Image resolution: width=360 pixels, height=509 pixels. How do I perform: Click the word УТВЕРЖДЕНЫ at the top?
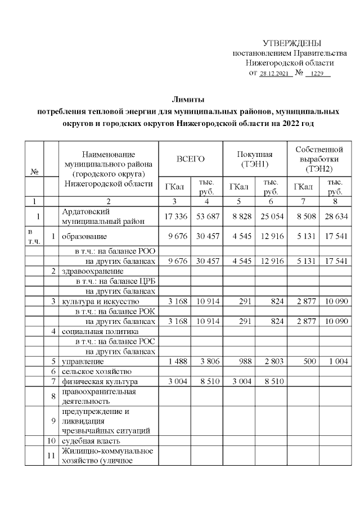(x=292, y=43)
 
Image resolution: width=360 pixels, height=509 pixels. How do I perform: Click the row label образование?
(x=84, y=236)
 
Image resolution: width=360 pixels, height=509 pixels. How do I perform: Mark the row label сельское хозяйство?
(x=96, y=372)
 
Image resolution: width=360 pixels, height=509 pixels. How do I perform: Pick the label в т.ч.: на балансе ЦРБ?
(x=115, y=281)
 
